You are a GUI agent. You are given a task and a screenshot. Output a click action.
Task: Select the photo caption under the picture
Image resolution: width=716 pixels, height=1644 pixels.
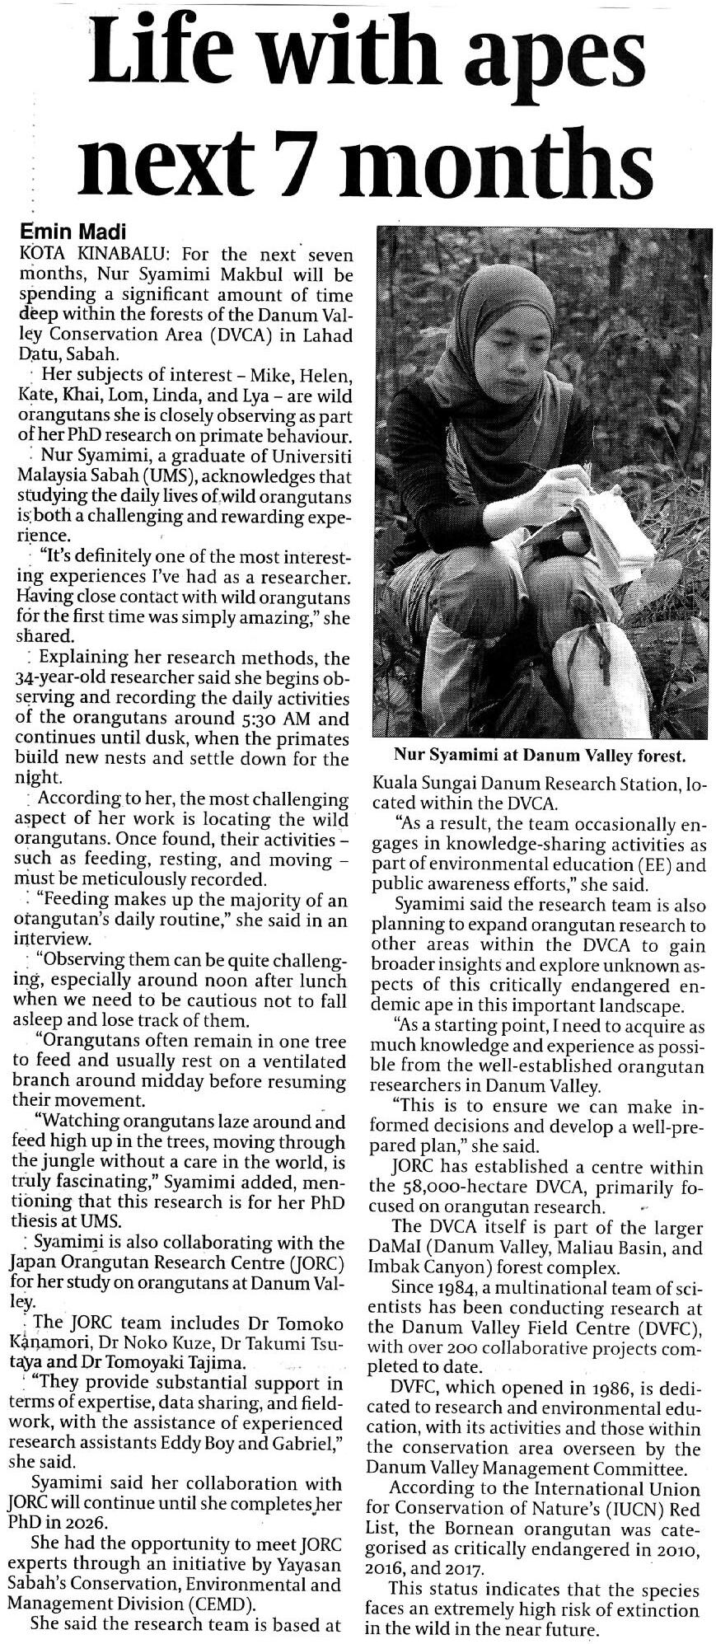tap(540, 754)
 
